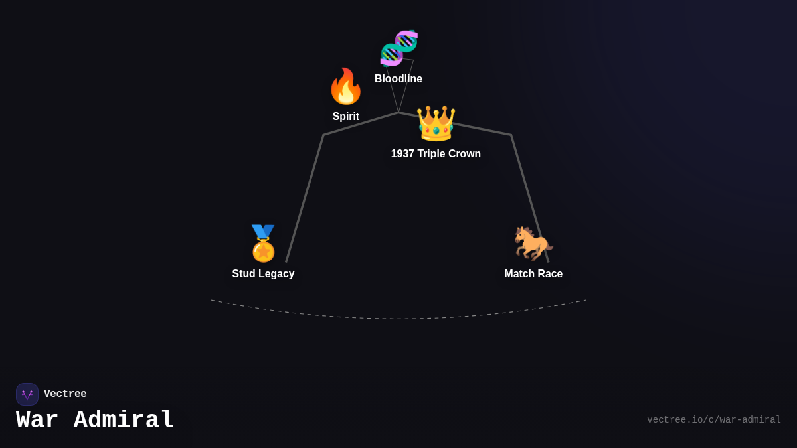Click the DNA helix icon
coord(398,48)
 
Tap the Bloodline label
coord(398,79)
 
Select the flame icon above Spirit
coord(345,86)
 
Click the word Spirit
coord(346,117)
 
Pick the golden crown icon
coord(436,123)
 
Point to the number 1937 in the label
coord(402,154)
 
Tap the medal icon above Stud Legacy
coord(263,244)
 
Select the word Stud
coord(244,274)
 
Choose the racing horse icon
coord(533,243)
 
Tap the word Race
coord(551,274)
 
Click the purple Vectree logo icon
coord(27,394)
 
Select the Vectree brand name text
coord(65,394)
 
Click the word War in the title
coord(37,421)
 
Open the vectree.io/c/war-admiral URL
coord(714,420)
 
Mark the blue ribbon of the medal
coord(263,231)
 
